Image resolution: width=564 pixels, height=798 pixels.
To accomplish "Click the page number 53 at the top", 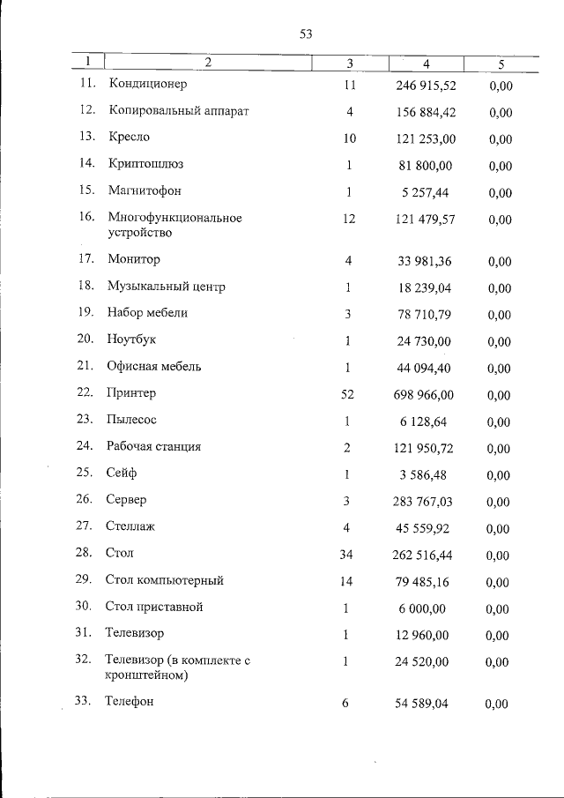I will pyautogui.click(x=307, y=34).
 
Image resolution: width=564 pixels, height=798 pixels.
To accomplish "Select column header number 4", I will pyautogui.click(x=427, y=63).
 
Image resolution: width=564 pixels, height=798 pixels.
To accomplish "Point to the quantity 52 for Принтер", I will pyautogui.click(x=347, y=394).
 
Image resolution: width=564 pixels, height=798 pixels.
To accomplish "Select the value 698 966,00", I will pyautogui.click(x=423, y=394).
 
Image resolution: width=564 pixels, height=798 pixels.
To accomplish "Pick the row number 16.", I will pyautogui.click(x=86, y=218).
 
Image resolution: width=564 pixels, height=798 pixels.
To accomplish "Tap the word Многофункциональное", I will pyautogui.click(x=174, y=218).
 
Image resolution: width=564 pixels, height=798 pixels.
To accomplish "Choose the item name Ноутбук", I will pyautogui.click(x=132, y=339).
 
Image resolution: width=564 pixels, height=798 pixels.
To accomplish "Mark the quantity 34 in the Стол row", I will pyautogui.click(x=347, y=555).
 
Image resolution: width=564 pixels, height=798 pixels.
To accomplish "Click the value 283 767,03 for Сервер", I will pyautogui.click(x=423, y=502).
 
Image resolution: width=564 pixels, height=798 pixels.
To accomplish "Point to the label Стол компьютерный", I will pyautogui.click(x=165, y=580).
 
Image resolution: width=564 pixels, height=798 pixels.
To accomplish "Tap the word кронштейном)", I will pyautogui.click(x=145, y=676).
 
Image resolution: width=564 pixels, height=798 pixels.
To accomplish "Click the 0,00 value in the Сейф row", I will pyautogui.click(x=498, y=475).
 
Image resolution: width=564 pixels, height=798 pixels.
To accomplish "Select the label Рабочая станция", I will pyautogui.click(x=153, y=446).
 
